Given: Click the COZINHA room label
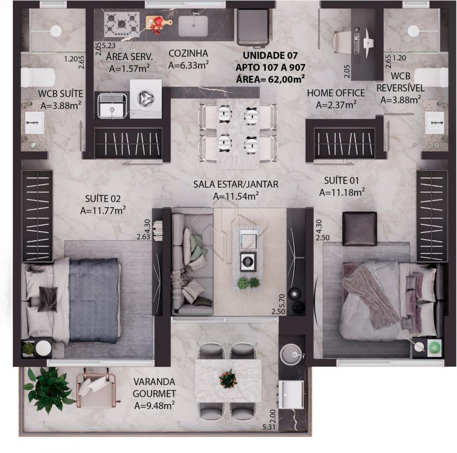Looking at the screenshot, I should tap(188, 53).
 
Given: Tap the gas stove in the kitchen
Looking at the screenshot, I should tap(121, 24).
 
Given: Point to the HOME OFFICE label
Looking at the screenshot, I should tap(336, 93).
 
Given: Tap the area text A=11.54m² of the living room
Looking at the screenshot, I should tap(236, 196).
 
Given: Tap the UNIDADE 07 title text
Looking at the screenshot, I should tap(270, 55).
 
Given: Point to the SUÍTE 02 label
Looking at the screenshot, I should tap(103, 199).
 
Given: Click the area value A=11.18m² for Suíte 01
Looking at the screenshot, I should tap(342, 192).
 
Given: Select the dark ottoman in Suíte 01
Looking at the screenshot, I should tap(360, 228).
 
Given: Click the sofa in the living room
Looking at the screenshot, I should tap(192, 262).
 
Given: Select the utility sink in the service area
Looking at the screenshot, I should tap(111, 105).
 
